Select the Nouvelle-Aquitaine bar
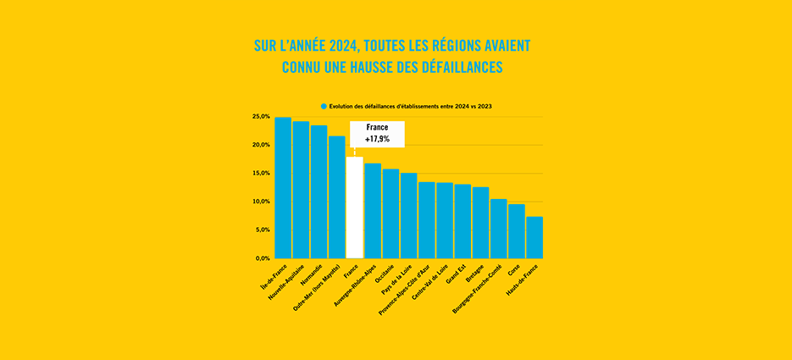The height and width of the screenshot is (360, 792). coord(301,190)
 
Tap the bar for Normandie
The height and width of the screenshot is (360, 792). coord(318,192)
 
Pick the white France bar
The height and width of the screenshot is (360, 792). coord(354,208)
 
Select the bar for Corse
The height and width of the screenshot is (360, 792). coord(516,231)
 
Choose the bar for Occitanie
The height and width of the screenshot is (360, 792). coord(390,213)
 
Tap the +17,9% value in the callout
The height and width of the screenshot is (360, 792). coord(378,138)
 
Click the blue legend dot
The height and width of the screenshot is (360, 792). coord(324,106)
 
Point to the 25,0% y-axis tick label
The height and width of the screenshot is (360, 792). coord(261,116)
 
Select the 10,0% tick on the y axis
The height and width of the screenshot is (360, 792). coord(261,202)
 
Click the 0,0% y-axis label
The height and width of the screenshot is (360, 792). coord(262,258)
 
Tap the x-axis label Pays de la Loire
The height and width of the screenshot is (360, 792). coord(398,279)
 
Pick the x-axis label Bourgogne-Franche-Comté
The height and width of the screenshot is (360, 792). coord(474,289)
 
